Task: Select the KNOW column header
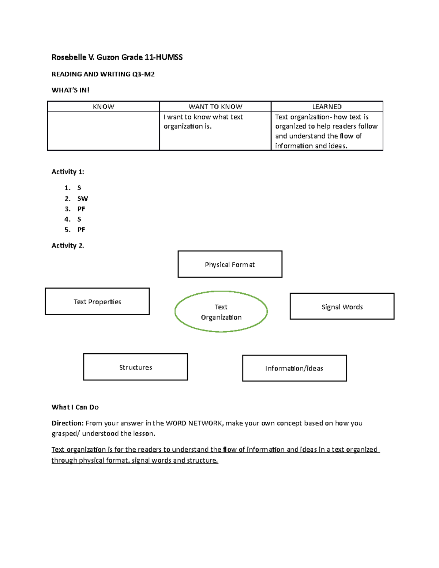[104, 106]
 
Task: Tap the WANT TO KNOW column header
[215, 106]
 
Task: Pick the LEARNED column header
[327, 106]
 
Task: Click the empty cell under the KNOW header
[104, 131]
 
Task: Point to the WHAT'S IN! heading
[70, 90]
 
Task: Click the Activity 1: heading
[68, 172]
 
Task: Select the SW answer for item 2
[82, 199]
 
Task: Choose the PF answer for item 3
[81, 209]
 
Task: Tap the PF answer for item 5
[81, 230]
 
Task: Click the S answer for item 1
[79, 188]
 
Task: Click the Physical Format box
[230, 264]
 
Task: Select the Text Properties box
[97, 301]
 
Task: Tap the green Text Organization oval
[221, 312]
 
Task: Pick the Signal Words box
[342, 306]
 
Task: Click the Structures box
[135, 367]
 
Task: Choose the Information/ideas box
[294, 368]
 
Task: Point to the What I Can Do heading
[75, 407]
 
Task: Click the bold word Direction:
[68, 423]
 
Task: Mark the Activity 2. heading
[68, 245]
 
